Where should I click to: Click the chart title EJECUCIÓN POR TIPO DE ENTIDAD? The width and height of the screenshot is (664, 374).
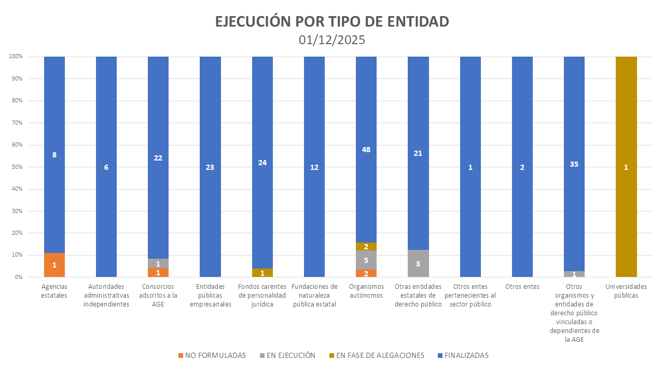tap(332, 22)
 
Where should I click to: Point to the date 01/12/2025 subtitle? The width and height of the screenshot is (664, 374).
tap(332, 40)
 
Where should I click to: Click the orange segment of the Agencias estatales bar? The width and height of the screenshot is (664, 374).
tap(54, 265)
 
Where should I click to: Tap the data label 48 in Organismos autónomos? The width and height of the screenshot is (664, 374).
tap(366, 150)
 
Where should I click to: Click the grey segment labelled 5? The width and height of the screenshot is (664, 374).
tap(366, 260)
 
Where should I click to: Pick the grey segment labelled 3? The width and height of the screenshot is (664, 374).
tap(418, 263)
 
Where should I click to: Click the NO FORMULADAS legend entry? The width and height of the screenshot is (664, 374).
tap(212, 355)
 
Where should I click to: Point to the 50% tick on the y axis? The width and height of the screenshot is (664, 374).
tap(16, 167)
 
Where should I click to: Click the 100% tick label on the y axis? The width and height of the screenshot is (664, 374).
tap(15, 57)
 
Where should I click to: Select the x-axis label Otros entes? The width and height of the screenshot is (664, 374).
tap(522, 286)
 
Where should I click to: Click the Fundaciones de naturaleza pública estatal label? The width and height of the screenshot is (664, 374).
tap(314, 295)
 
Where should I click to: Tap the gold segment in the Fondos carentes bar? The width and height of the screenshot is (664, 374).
tap(262, 273)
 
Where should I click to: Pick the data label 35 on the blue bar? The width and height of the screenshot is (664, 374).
tap(574, 164)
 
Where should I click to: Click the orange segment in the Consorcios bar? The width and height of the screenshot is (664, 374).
tap(158, 273)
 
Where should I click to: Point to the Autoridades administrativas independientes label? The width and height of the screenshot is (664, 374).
tap(106, 295)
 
